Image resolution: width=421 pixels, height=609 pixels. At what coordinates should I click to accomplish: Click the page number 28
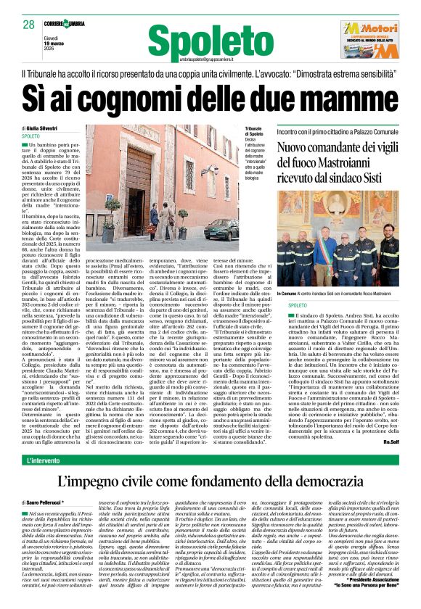[28, 25]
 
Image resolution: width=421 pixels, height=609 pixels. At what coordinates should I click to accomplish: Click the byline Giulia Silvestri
[45, 128]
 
